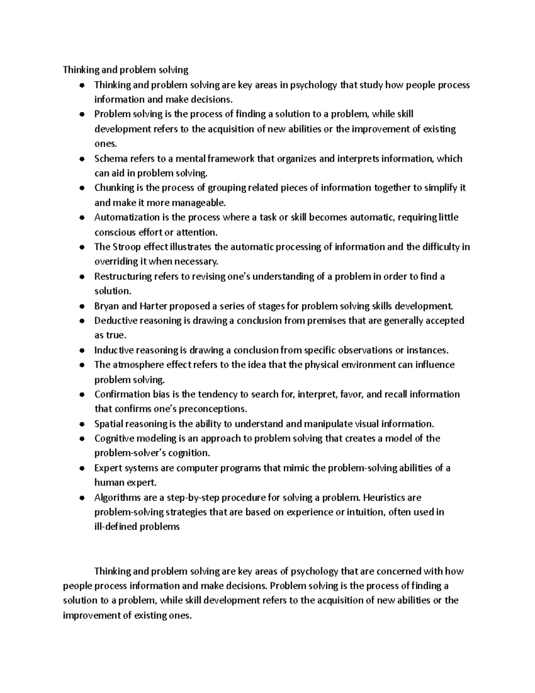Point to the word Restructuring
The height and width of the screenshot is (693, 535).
pos(123,277)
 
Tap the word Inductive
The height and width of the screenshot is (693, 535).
pos(114,350)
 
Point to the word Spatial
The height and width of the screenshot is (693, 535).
pos(108,424)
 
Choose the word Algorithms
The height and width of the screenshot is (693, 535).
pos(117,498)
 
